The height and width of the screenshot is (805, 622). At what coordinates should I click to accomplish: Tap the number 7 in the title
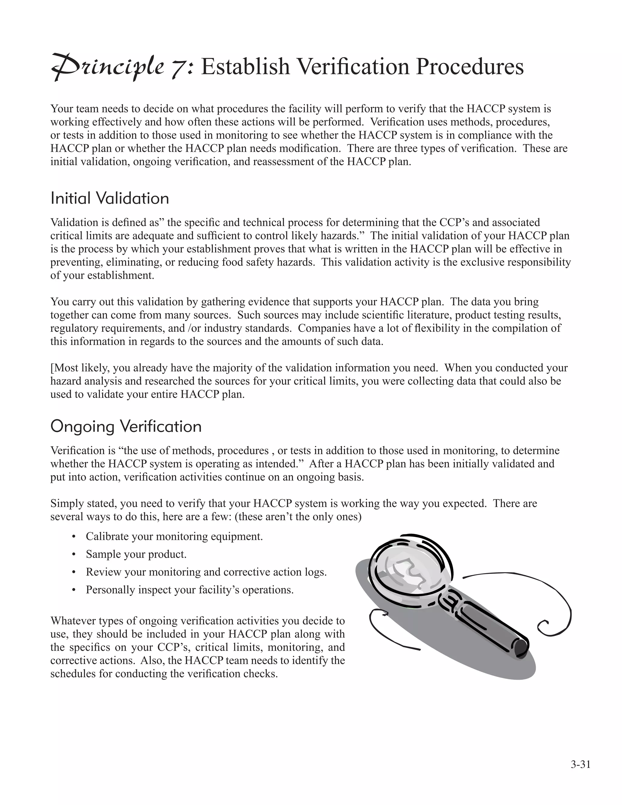pos(179,68)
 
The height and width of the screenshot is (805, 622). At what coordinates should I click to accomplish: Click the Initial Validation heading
pos(110,198)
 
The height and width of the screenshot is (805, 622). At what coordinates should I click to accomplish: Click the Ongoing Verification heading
pos(126,426)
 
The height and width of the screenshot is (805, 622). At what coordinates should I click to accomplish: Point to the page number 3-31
pos(580,765)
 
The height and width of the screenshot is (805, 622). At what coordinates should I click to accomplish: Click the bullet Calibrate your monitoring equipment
pos(174,536)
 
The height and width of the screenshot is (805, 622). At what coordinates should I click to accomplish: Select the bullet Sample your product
pos(136,554)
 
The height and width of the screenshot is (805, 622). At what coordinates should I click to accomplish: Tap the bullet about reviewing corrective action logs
pos(206,572)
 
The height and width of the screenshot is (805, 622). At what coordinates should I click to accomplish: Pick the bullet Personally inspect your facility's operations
pos(190,590)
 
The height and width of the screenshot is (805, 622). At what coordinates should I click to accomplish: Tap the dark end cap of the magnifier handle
pos(521,647)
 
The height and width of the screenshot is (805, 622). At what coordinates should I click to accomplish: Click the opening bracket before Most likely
pos(52,368)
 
